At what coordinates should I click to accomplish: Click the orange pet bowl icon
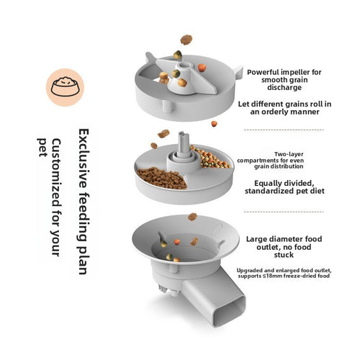[x=63, y=86]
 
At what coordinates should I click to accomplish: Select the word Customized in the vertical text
[x=55, y=168]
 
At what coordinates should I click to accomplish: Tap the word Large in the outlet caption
[x=256, y=238]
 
